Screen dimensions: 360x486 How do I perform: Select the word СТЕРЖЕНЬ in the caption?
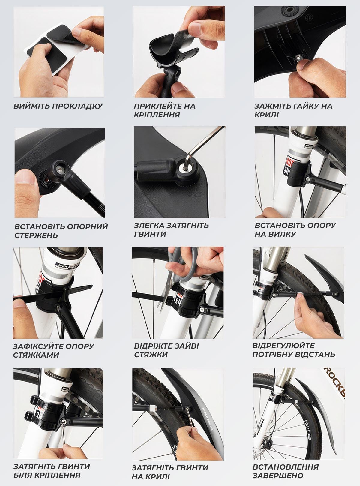(36, 235)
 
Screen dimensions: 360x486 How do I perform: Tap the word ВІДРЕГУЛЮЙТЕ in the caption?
(283, 346)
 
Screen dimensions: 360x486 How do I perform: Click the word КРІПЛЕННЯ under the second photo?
(157, 115)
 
